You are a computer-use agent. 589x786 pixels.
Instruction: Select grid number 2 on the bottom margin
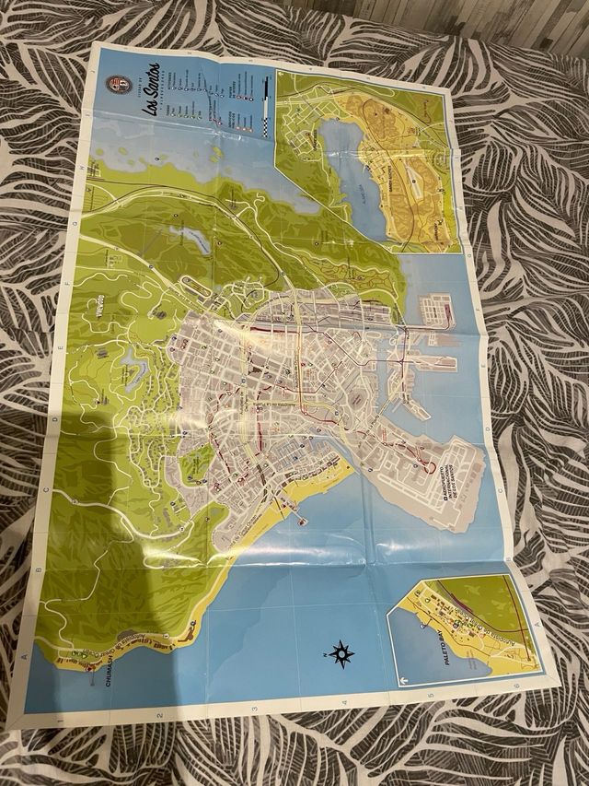coord(159,716)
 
